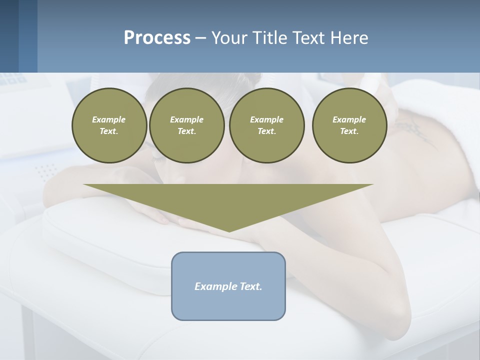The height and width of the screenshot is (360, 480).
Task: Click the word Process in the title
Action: coord(157,37)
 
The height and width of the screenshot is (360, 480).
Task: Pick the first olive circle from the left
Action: coord(109,125)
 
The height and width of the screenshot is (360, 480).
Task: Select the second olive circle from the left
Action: coord(186,125)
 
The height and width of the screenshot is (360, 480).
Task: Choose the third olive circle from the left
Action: coord(266,125)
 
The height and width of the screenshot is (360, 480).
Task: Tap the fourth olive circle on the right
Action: coord(349,125)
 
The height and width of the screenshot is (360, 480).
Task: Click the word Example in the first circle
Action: coord(109,119)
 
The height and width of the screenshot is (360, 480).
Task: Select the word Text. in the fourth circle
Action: coord(349,131)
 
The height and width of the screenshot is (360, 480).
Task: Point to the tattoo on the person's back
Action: coord(415,131)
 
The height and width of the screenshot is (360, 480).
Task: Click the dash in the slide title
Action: coord(201,38)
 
